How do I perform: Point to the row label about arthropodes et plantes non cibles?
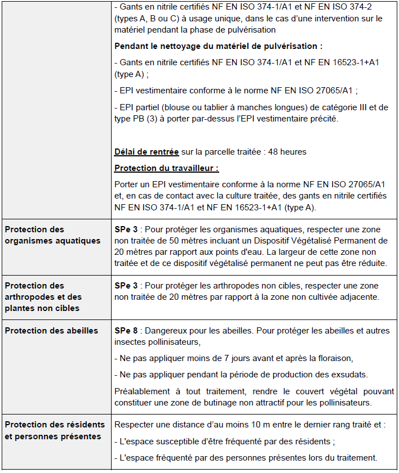pos(43,297)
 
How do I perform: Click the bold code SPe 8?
pos(125,331)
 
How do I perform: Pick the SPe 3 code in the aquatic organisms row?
pos(125,229)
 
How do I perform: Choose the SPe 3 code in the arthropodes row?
pos(125,286)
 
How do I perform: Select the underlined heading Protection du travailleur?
pos(166,168)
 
